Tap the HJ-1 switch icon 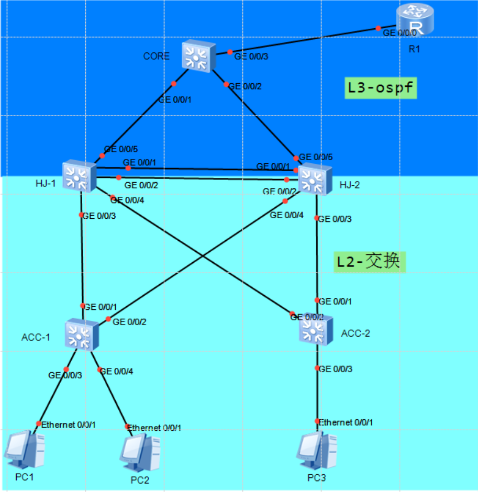79,175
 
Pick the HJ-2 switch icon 315,178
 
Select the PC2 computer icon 140,453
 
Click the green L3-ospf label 381,88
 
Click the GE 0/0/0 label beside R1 401,32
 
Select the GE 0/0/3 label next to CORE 251,57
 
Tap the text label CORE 156,56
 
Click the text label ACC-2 355,333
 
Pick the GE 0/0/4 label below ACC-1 116,372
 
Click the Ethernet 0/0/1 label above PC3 346,422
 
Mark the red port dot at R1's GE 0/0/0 378,29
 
